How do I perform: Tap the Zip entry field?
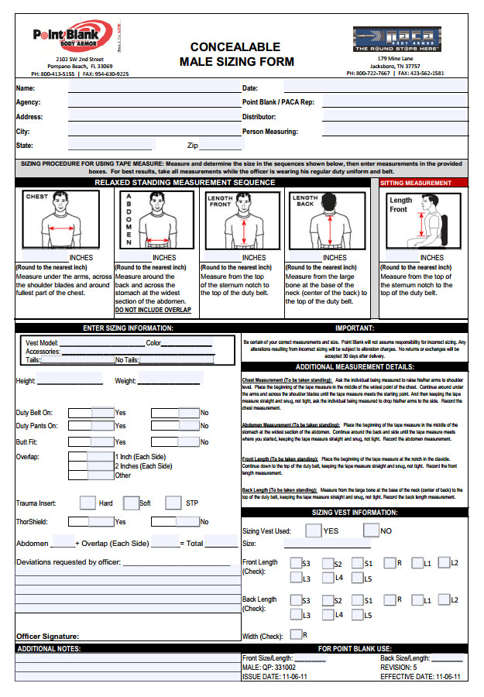221,145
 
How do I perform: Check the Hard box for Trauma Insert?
88,503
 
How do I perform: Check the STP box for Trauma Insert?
173,503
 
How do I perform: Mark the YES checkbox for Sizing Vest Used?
313,530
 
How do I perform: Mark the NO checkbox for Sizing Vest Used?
371,530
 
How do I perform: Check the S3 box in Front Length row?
295,564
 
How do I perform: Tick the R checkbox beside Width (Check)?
295,634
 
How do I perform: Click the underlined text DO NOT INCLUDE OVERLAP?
153,310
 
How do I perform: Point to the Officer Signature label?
47,637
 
